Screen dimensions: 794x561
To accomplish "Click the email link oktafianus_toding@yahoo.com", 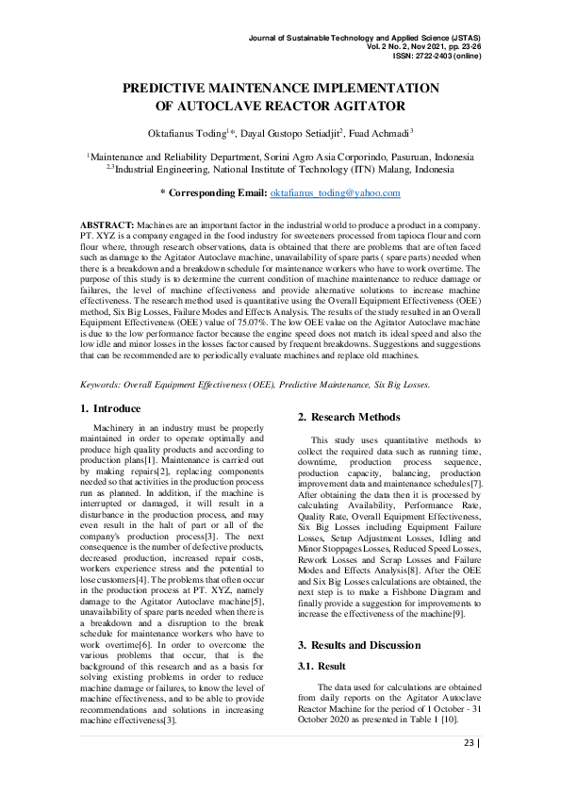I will tap(336, 192).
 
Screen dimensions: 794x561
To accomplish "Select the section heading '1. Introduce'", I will tap(110, 408).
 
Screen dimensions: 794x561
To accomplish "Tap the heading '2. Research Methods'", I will tap(349, 417).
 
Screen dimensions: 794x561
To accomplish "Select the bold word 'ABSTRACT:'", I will tap(107, 225).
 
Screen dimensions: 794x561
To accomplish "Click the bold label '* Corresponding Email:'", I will tap(213, 192).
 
